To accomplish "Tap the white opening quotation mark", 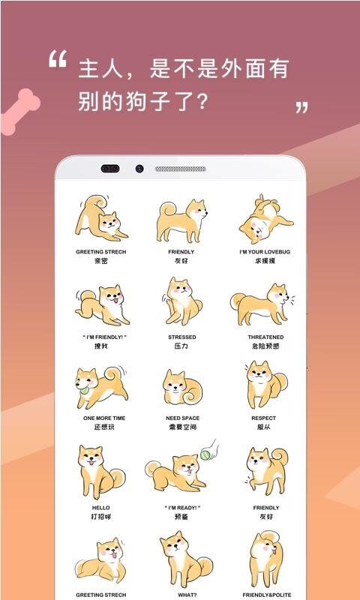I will (58, 59).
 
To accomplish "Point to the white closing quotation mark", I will (301, 107).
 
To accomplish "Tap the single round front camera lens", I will (139, 169).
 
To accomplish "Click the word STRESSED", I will (181, 337).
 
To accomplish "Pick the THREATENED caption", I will (265, 337).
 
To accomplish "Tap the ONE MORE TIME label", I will (100, 418).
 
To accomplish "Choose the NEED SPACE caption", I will (181, 418).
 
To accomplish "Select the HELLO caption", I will (100, 508).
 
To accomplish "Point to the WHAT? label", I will (181, 595).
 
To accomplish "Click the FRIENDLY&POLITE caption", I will (265, 595).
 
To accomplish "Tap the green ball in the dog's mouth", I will (83, 390).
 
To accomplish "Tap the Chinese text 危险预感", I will (265, 346).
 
